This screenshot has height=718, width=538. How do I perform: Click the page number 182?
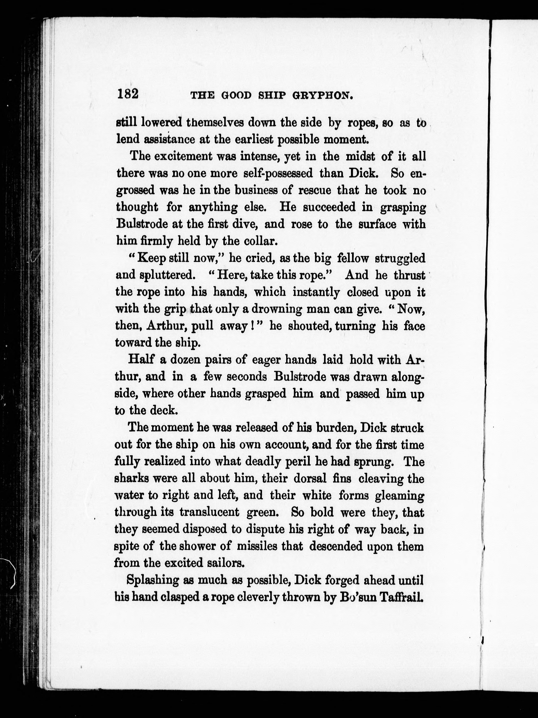coord(128,94)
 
